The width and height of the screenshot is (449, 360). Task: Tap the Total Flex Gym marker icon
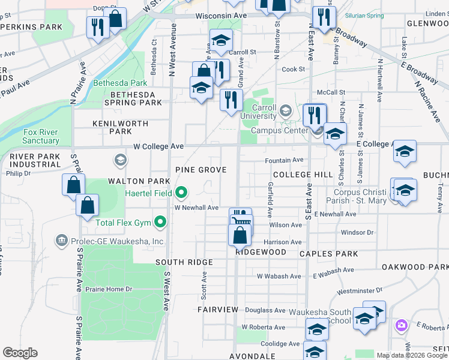160,223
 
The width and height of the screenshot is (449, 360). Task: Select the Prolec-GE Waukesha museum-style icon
61,241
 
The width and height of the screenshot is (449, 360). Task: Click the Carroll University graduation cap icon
285,111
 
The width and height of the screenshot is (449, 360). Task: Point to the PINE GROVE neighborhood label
200,170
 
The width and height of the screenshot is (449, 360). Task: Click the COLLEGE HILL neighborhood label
302,174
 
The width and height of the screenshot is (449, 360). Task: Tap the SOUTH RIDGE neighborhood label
184,262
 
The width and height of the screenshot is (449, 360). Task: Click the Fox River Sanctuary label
41,136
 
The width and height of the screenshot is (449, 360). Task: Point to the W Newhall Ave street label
196,208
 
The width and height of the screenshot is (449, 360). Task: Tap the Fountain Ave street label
284,160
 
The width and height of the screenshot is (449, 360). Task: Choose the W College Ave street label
158,146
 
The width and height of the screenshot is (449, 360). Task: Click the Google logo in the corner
20,353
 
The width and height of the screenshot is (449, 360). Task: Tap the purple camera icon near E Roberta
401,325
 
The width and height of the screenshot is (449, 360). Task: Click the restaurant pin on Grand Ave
231,100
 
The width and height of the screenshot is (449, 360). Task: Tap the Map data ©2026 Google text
411,355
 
